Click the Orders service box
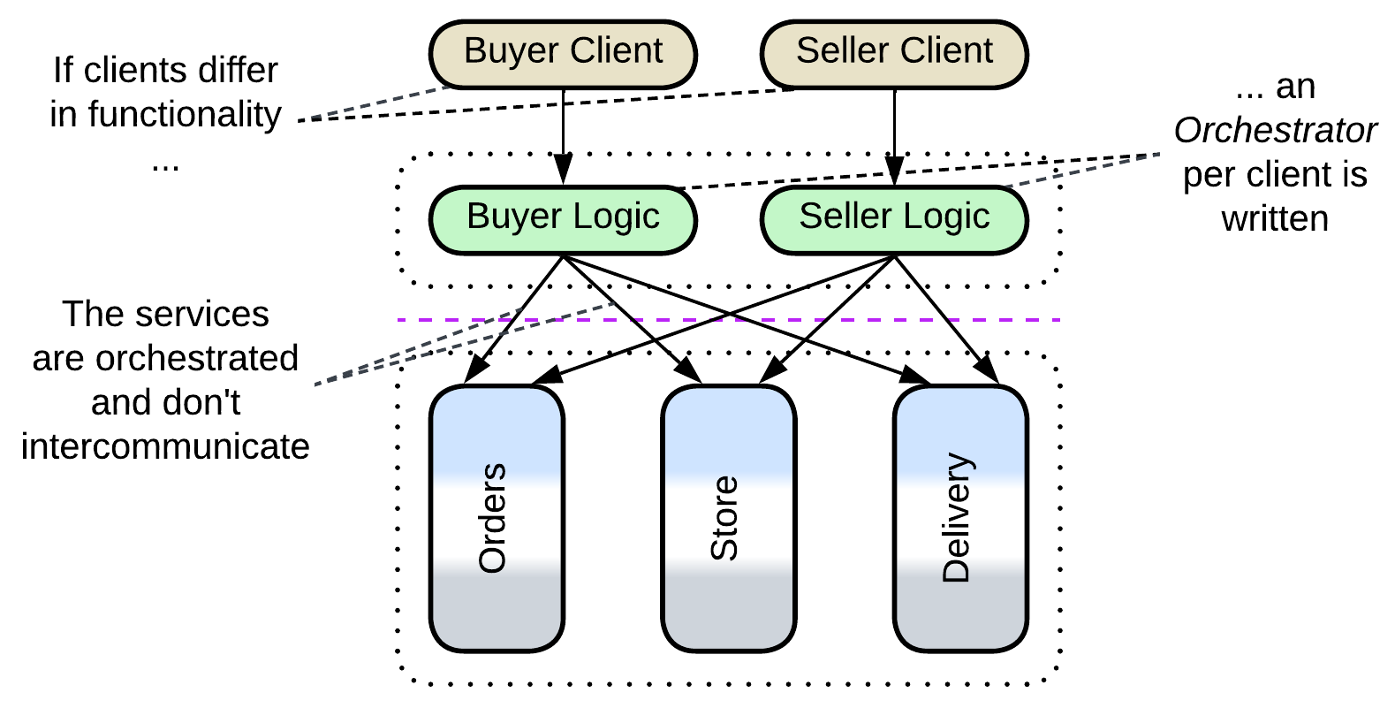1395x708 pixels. [x=497, y=519]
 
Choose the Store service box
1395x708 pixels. [x=729, y=519]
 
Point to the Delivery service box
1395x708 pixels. [x=960, y=519]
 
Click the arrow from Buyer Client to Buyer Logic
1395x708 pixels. [x=563, y=133]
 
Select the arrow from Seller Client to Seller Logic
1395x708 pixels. [x=894, y=133]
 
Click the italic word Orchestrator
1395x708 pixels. [x=1275, y=131]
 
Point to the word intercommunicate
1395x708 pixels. [x=165, y=446]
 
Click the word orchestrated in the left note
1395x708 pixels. [x=197, y=359]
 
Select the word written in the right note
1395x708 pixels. [x=1275, y=218]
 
